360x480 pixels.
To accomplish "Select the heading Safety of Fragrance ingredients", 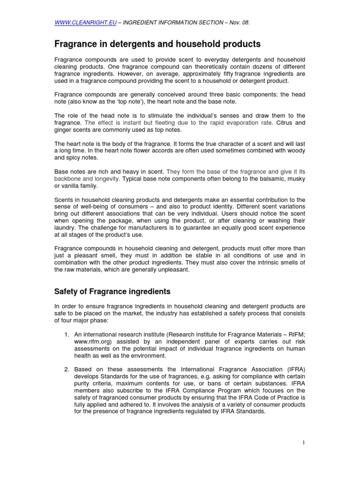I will [112, 292].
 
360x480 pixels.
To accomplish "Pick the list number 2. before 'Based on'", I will [67, 369].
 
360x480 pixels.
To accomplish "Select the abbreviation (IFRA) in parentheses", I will [294, 369].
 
